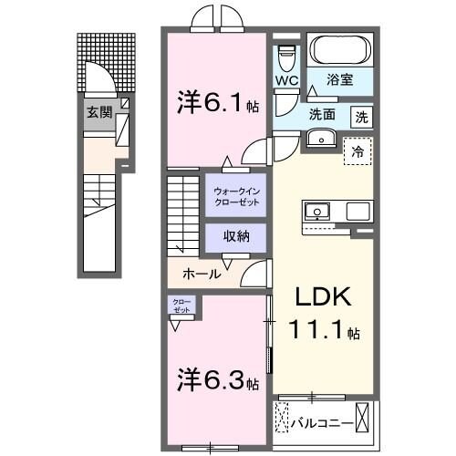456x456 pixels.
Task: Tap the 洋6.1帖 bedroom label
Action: click(214, 103)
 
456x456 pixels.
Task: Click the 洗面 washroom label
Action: click(321, 116)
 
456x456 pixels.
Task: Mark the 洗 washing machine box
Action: click(362, 116)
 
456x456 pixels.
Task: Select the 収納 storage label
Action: click(235, 236)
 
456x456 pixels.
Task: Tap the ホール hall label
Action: click(200, 273)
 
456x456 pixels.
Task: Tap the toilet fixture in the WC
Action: click(286, 57)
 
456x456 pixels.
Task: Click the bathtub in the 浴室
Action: click(339, 51)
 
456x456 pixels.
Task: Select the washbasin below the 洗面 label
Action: click(320, 138)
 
